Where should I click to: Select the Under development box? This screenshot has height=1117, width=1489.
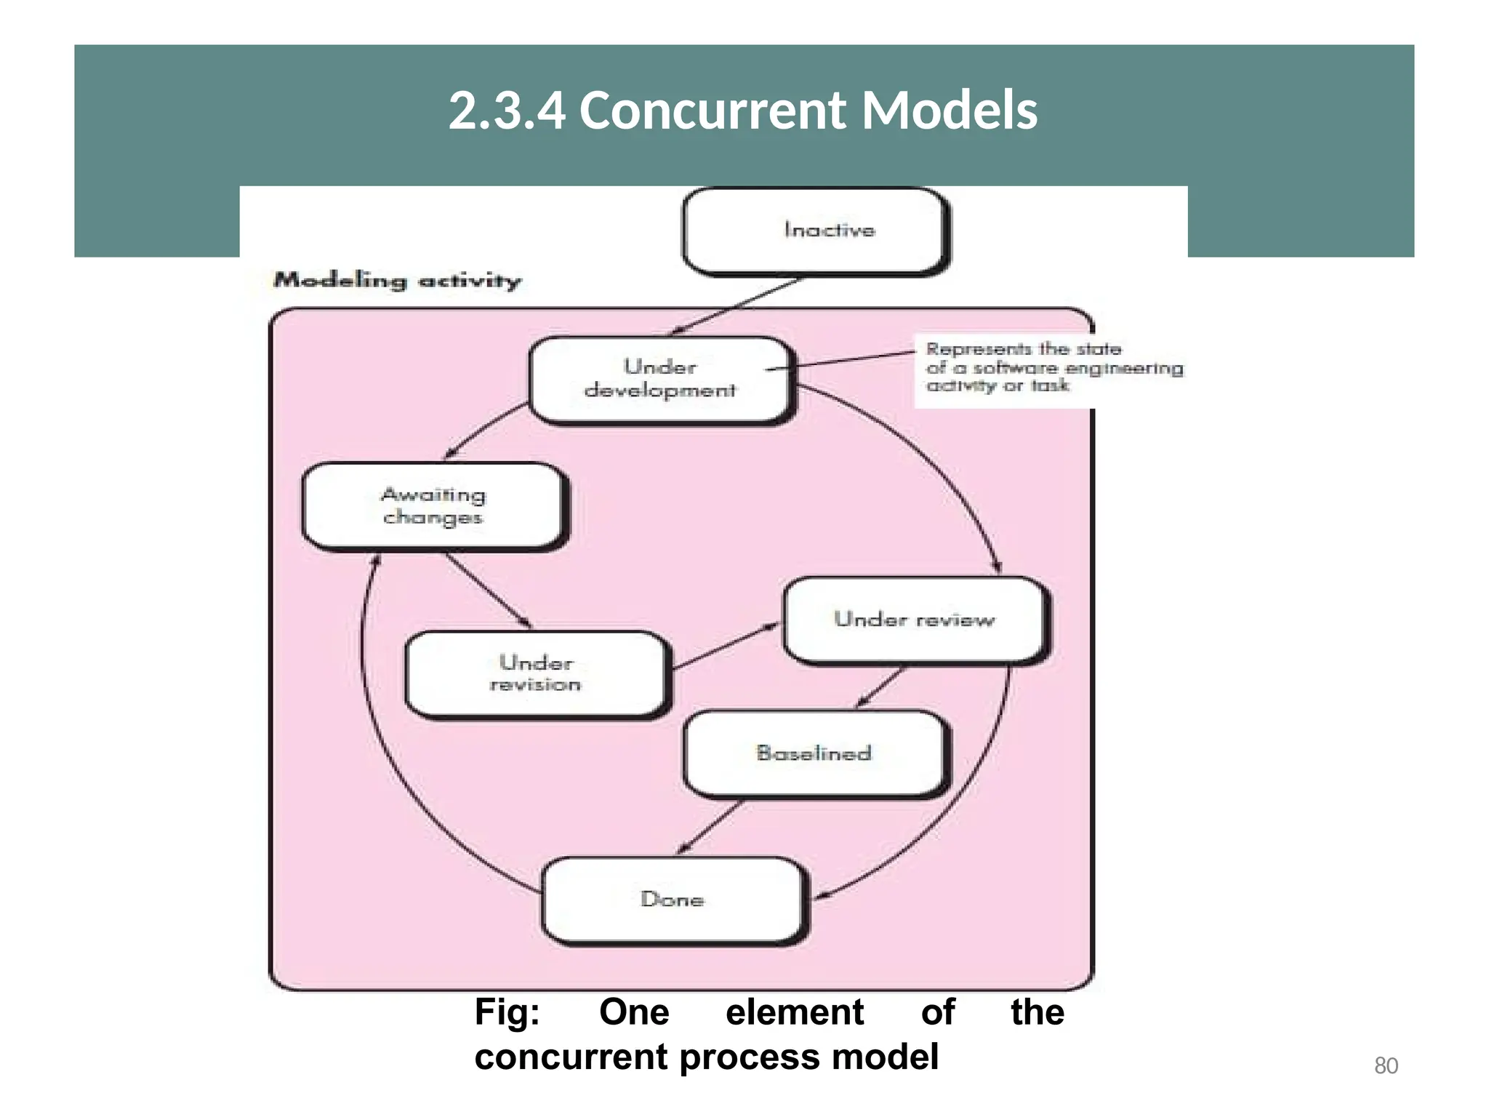click(660, 379)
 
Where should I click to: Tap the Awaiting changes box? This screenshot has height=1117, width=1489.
click(433, 506)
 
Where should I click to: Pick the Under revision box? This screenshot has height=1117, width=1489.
click(536, 674)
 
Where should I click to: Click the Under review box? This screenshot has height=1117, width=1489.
click(914, 620)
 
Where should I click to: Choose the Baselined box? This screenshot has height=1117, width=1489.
click(814, 753)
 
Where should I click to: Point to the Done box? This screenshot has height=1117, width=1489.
click(673, 900)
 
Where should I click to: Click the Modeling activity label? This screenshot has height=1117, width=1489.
click(397, 281)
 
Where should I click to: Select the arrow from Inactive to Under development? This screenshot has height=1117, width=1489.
click(736, 305)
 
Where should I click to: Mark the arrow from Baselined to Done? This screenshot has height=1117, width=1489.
click(711, 828)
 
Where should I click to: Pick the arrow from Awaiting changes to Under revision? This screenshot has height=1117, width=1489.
click(488, 590)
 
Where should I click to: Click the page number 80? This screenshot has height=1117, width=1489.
click(1386, 1065)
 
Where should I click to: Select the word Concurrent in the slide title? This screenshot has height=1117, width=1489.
click(713, 111)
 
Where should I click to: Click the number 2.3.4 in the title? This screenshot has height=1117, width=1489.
click(507, 111)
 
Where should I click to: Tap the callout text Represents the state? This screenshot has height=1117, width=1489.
click(1023, 350)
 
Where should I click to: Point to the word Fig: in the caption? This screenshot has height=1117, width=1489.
click(507, 1012)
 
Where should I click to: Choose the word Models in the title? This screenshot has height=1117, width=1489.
click(950, 111)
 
